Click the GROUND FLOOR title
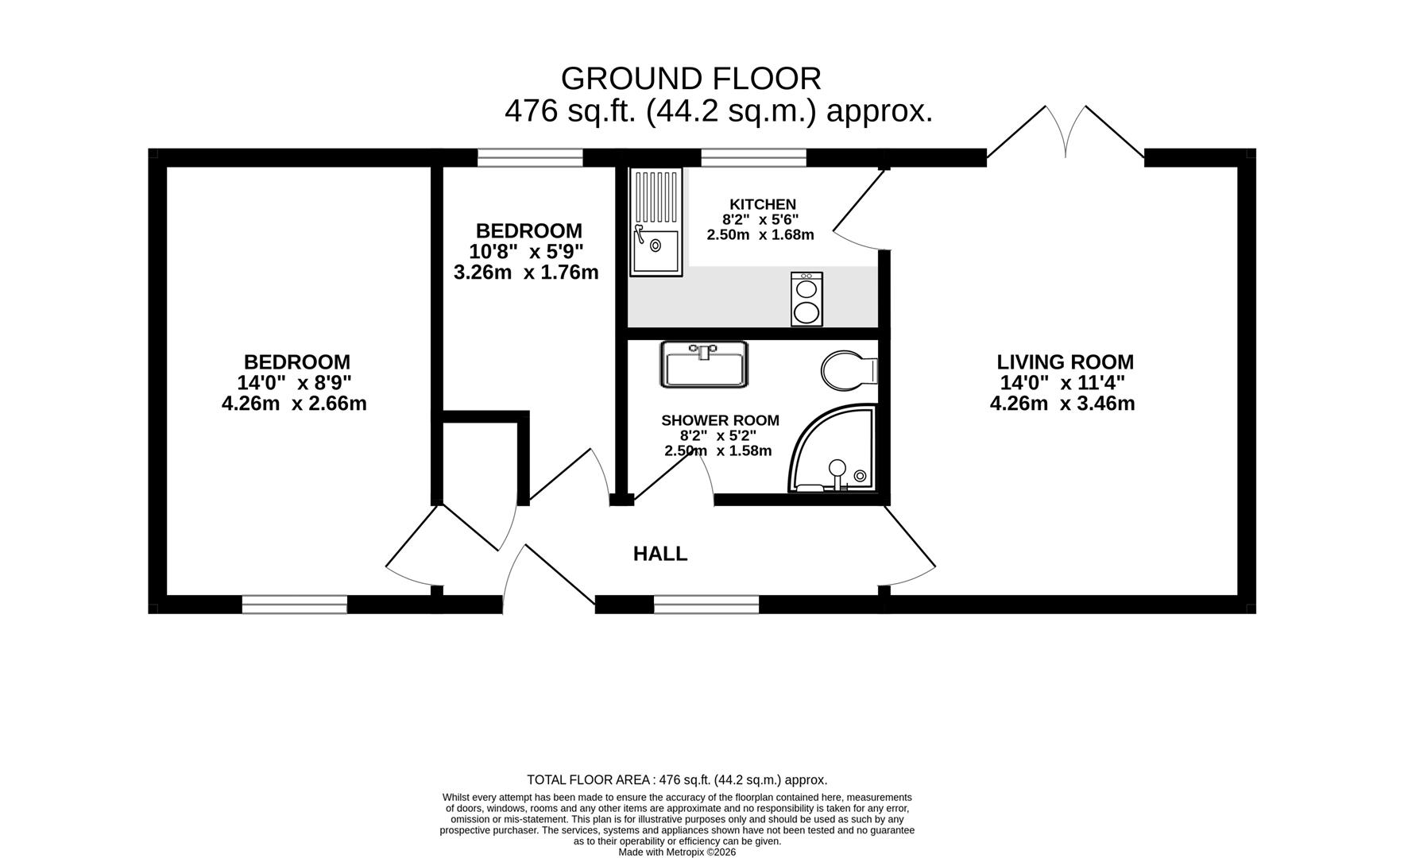tap(690, 79)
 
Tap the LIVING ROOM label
tap(1065, 362)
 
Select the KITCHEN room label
tap(763, 204)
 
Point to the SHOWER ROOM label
tap(720, 420)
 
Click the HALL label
tap(660, 554)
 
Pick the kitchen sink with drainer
tap(656, 222)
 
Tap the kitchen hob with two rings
tap(806, 299)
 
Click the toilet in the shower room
tap(849, 371)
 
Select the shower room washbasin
tap(703, 365)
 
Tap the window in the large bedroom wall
tap(295, 605)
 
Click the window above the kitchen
tap(753, 158)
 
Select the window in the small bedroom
tap(530, 158)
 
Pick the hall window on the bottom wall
tap(706, 605)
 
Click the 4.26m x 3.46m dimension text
tap(1062, 404)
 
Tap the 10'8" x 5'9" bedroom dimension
tap(526, 252)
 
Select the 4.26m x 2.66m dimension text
tap(294, 404)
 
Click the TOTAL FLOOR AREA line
tap(677, 780)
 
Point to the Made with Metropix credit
tap(678, 852)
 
